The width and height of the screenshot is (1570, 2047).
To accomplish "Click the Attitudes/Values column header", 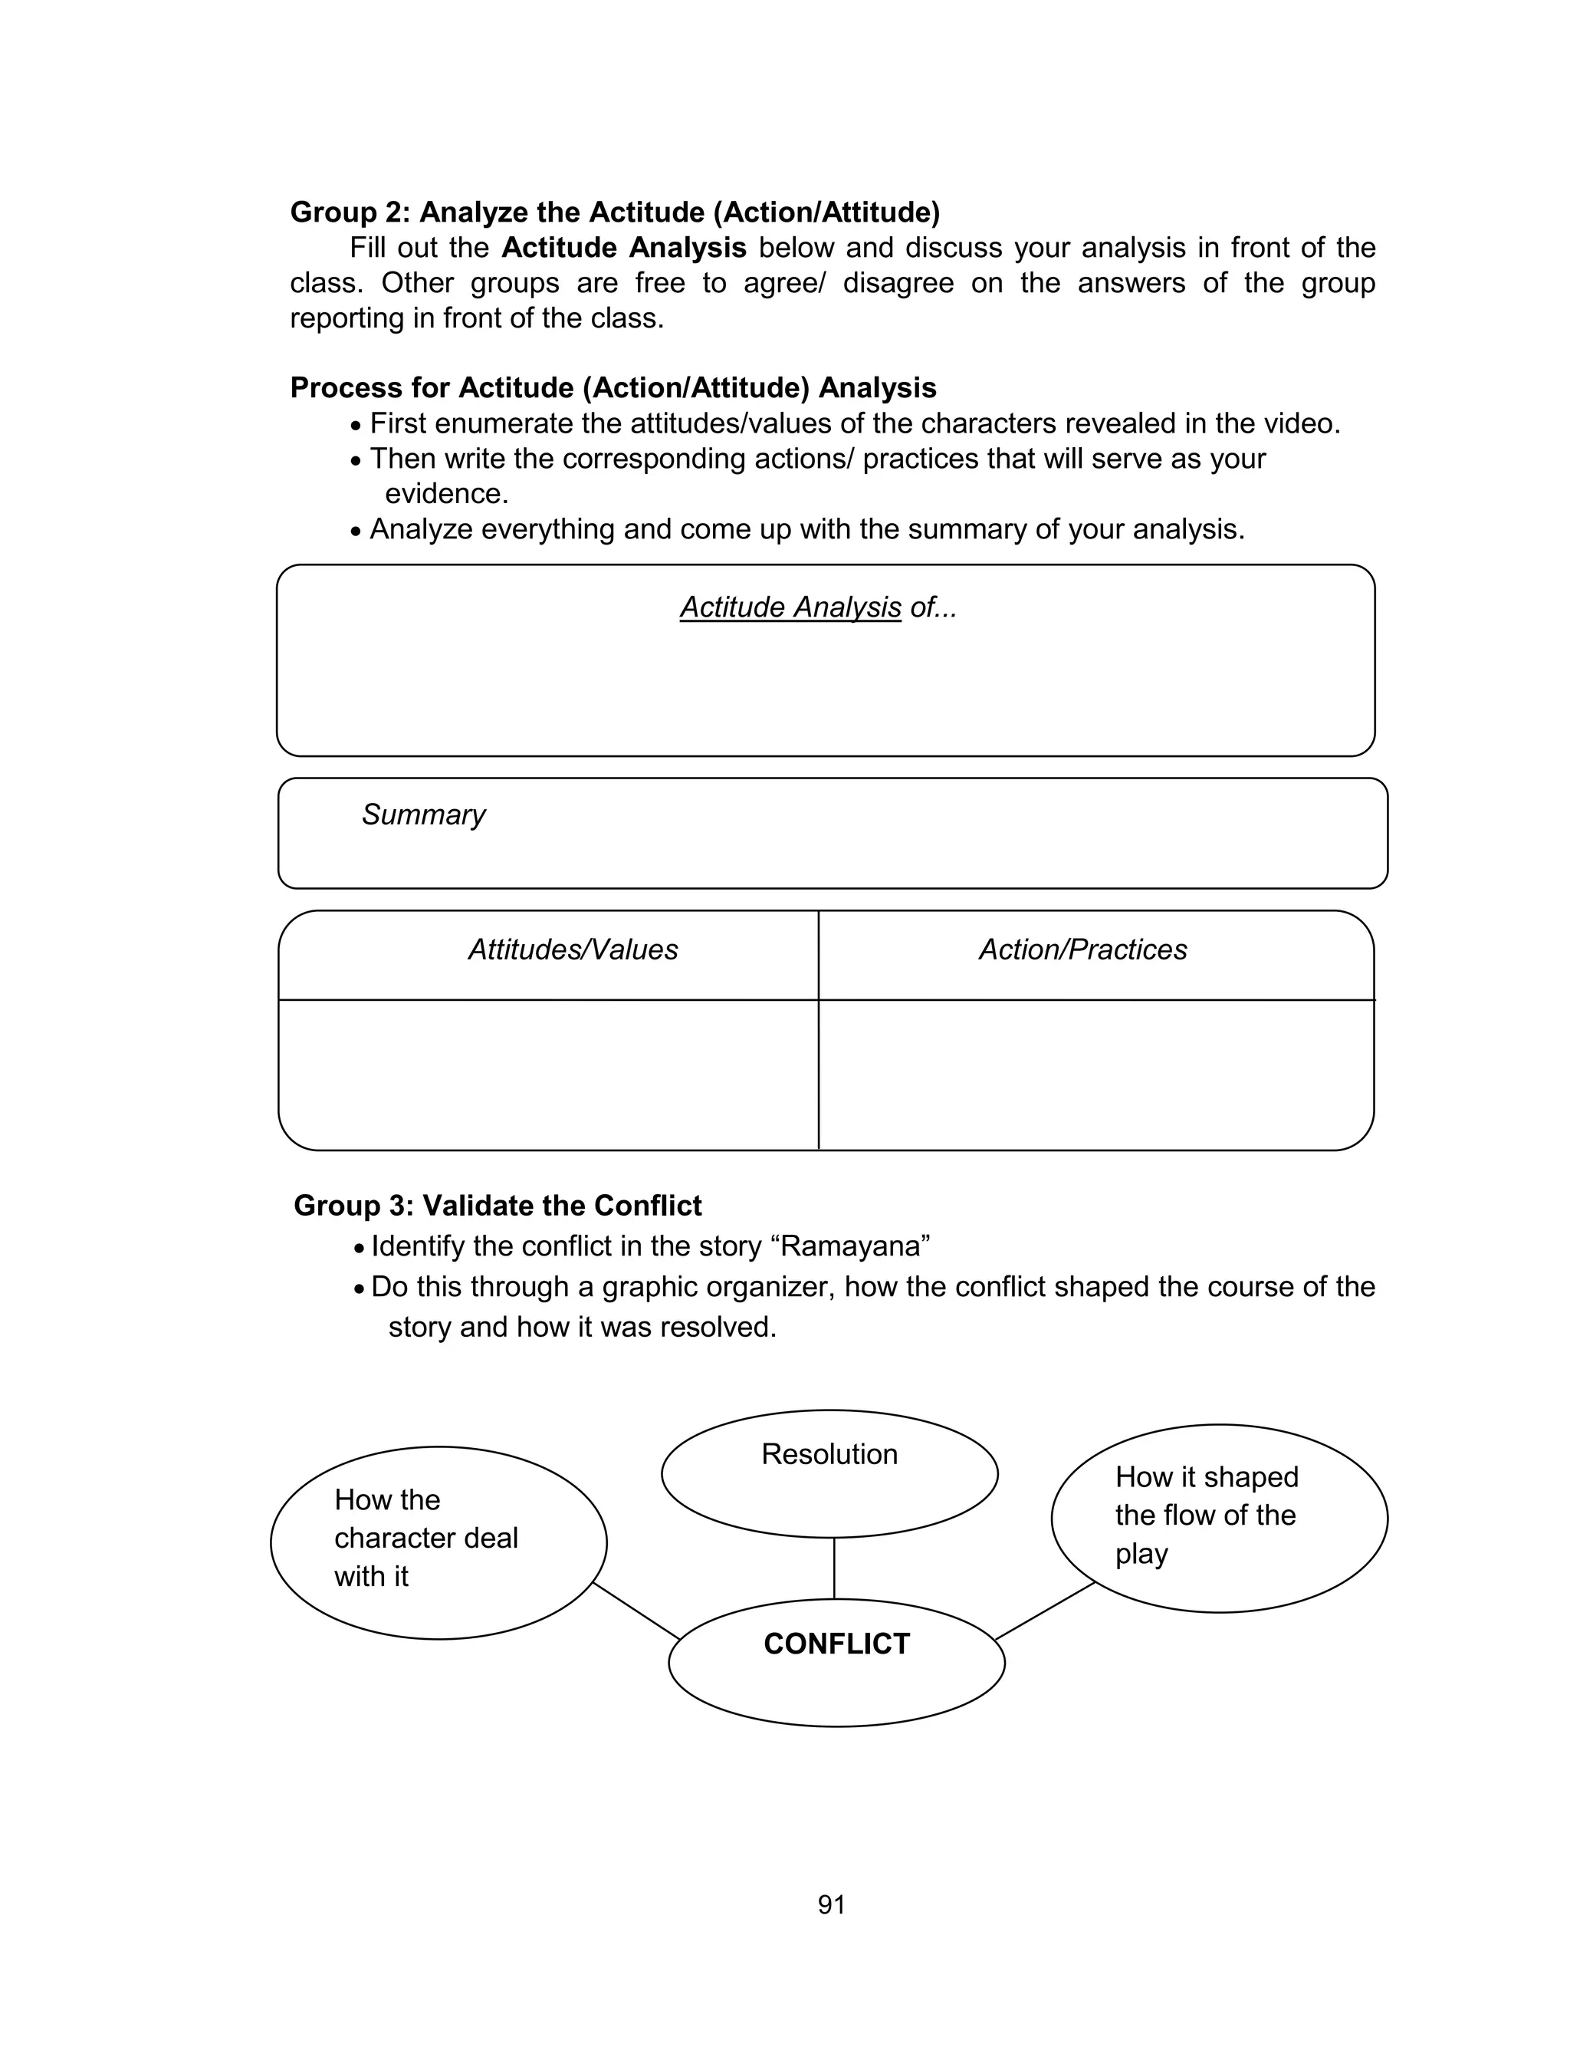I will (x=573, y=949).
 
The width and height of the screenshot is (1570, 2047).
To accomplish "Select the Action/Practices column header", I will (x=1082, y=949).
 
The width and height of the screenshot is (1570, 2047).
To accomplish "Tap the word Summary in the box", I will (x=423, y=815).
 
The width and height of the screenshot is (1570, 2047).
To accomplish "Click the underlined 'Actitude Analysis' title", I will (x=790, y=607).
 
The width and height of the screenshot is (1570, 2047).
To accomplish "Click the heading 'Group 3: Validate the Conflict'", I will (x=498, y=1206).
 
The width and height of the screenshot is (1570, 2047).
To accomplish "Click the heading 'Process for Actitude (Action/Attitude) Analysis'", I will (x=613, y=388).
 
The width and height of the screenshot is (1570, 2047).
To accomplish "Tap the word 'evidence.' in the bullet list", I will (x=447, y=493).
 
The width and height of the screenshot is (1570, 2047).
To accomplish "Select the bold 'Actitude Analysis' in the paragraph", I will (x=623, y=248).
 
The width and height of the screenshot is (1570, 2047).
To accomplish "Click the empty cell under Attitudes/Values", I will (x=549, y=1074).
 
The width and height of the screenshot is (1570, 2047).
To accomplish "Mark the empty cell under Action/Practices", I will (x=1095, y=1074).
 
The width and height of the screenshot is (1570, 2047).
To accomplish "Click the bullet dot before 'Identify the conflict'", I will (x=359, y=1249).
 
